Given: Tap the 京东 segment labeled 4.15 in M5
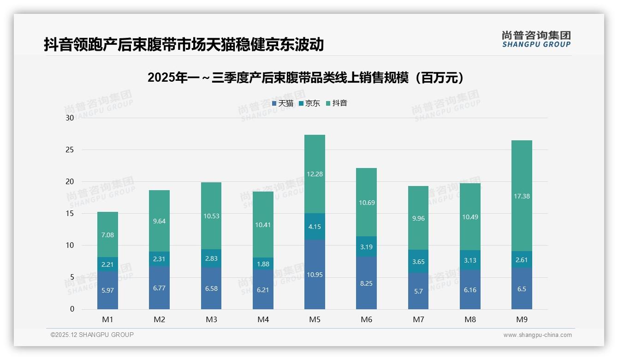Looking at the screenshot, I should point(315,227).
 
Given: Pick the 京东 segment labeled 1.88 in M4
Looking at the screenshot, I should point(263,264).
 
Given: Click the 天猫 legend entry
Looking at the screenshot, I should point(283,103).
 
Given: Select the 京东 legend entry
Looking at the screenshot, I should point(309,103).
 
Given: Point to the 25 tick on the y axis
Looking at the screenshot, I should point(70,150).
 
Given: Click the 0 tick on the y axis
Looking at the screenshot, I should point(72,309).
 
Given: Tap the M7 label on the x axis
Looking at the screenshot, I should point(418,319).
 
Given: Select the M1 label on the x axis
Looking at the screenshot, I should point(107,319).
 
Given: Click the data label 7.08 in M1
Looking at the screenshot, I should point(107,235).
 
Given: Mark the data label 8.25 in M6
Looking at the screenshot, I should point(366,283).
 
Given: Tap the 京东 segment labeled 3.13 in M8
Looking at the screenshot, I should point(470,260).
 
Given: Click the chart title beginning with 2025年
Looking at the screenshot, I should point(306,78).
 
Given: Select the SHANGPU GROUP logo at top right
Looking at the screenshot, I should point(536,39).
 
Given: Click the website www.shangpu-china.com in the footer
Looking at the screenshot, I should point(537,335).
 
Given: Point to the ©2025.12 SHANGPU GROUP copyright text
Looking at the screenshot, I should point(92,335).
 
